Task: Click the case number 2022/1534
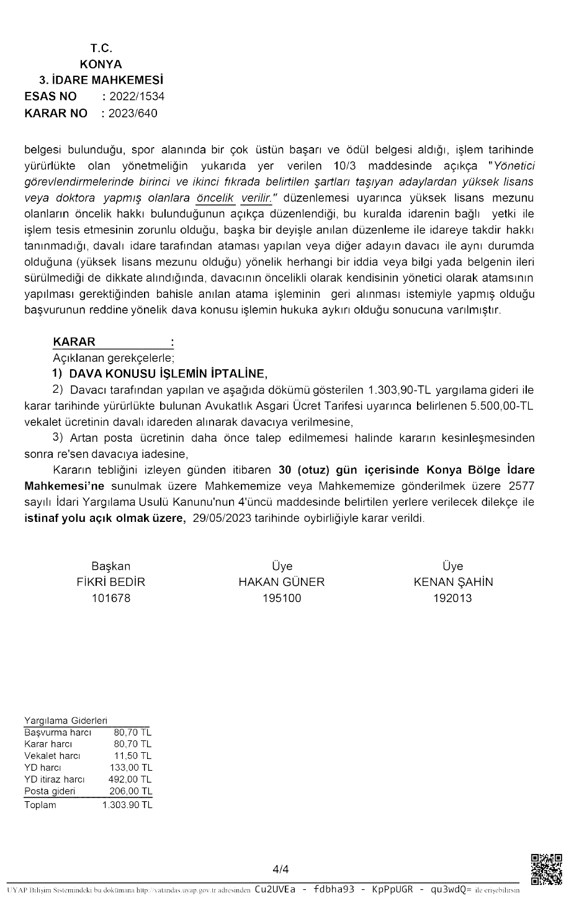[x=137, y=96]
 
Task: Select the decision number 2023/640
[x=133, y=113]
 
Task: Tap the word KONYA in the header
[x=101, y=64]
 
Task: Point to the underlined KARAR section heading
[x=74, y=341]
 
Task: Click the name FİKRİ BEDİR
[x=110, y=582]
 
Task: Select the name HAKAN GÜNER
[x=282, y=582]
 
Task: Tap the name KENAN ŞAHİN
[x=453, y=582]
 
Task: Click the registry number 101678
[x=110, y=598]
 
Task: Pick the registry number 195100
[x=282, y=598]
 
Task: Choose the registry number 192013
[x=453, y=598]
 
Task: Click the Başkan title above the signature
[x=110, y=566]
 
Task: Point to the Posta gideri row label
[x=50, y=791]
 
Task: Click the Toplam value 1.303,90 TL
[x=127, y=805]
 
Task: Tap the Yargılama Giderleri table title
[x=66, y=721]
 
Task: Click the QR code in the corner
[x=547, y=869]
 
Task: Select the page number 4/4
[x=281, y=869]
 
